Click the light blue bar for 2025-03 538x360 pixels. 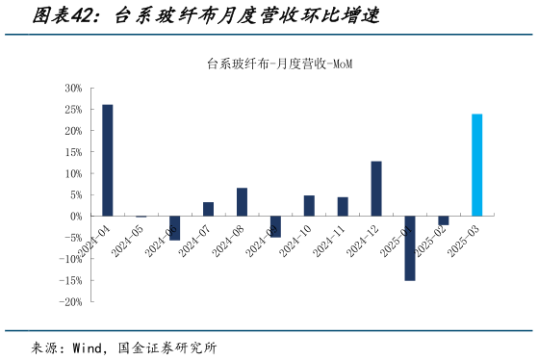(x=476, y=165)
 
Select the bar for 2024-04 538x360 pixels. (x=107, y=160)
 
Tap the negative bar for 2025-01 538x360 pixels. (x=409, y=247)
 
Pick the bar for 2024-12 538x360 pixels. (x=376, y=189)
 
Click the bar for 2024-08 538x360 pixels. (x=242, y=202)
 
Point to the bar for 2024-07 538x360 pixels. (x=208, y=209)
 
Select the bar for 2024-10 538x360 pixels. (x=309, y=206)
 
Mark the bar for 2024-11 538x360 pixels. (x=343, y=207)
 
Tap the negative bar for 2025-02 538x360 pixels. (x=443, y=220)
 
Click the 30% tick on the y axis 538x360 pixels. (x=72, y=88)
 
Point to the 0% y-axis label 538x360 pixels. (x=76, y=217)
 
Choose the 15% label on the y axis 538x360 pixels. (x=72, y=152)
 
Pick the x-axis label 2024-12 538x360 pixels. (x=365, y=239)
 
